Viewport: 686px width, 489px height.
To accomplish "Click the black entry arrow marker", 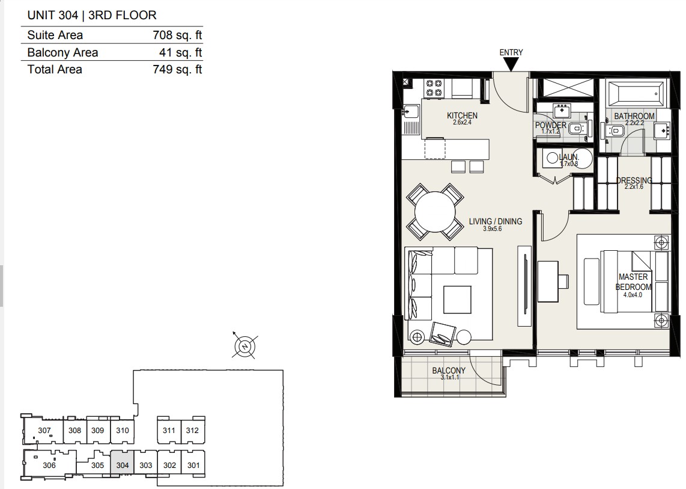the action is (511, 64).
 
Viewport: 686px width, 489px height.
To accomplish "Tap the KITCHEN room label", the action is (462, 115).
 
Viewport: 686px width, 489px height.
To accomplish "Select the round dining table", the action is (436, 212).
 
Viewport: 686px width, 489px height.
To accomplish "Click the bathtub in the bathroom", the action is (634, 93).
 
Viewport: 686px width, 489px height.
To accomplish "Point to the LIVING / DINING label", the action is (495, 221).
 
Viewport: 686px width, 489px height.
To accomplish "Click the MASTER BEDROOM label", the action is (633, 281).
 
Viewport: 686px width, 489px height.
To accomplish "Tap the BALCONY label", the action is (449, 371).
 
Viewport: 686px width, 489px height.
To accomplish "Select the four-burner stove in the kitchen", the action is (434, 88).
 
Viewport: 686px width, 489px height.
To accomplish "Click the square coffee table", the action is (457, 300).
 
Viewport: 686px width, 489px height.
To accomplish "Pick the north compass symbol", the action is (245, 346).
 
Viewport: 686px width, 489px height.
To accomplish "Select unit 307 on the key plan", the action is (44, 429).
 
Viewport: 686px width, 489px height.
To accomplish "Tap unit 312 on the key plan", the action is (192, 430).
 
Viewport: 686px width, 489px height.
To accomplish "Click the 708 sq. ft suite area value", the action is (177, 35).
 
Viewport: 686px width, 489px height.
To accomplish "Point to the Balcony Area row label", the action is (62, 52).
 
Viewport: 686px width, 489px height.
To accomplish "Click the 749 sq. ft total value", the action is (177, 69).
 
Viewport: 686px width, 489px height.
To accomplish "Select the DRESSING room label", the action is (634, 180).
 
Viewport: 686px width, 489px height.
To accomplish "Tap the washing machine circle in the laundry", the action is (552, 158).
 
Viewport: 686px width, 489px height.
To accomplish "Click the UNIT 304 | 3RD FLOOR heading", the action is (92, 15).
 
